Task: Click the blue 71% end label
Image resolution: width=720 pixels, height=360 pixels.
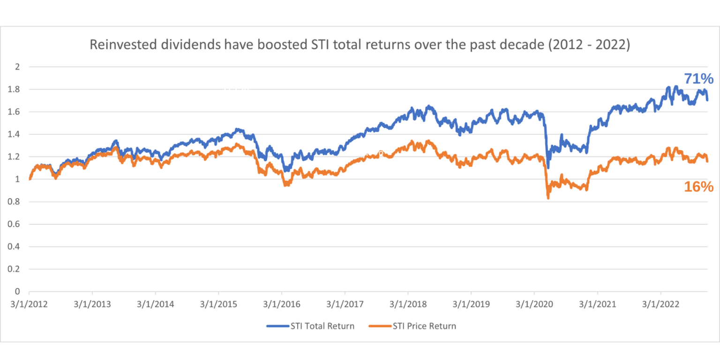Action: [699, 79]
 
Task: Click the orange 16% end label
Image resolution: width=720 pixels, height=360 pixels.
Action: [699, 187]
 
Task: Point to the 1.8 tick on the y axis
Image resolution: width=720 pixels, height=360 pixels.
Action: [17, 89]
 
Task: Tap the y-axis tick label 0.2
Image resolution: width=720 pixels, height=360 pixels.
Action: [17, 269]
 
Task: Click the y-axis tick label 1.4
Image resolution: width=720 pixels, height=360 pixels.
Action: [17, 134]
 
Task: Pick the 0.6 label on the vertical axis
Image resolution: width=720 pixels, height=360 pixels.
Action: [17, 224]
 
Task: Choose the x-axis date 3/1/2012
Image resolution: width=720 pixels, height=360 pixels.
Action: [29, 304]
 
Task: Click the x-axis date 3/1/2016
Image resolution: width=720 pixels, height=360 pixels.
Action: [282, 304]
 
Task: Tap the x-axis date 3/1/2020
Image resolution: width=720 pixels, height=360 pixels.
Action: [534, 304]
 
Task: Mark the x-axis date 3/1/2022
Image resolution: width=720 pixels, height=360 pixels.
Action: [660, 304]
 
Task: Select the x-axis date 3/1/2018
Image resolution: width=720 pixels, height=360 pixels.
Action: [408, 304]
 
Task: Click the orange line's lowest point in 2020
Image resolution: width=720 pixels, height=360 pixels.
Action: [548, 198]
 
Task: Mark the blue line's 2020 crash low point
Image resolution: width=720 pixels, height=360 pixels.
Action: [548, 168]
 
